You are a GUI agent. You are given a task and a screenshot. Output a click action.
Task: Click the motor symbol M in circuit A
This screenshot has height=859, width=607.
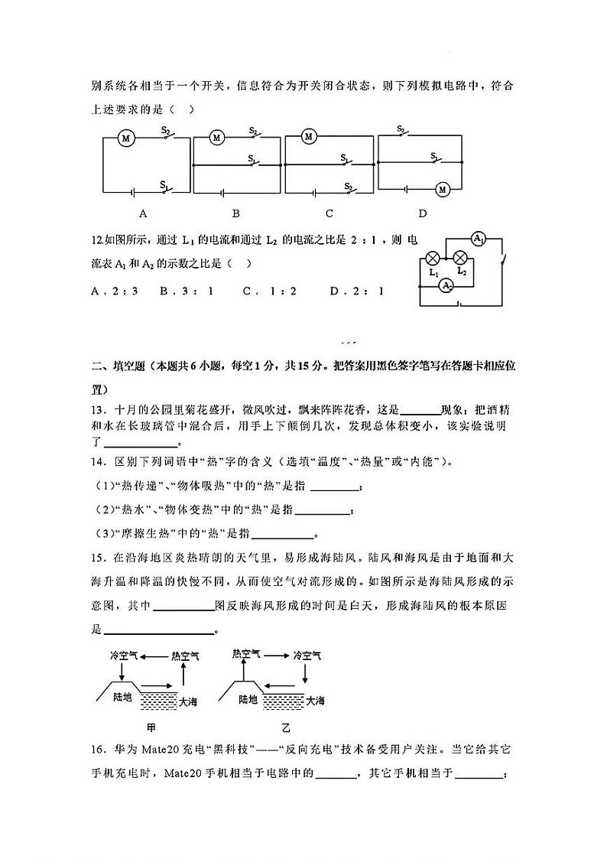[127, 138]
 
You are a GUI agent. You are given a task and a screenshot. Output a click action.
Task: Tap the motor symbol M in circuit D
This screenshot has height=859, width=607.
[441, 189]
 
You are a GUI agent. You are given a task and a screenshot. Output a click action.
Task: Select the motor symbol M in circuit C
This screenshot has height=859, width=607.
[309, 137]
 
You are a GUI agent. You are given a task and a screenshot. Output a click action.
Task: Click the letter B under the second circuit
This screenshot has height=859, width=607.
[236, 213]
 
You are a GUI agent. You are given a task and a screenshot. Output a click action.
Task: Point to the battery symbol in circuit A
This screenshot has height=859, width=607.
[135, 192]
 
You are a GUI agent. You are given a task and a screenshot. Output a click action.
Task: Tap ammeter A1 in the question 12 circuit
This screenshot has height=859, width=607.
[479, 239]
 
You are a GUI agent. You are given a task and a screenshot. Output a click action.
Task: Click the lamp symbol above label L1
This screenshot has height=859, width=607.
[433, 257]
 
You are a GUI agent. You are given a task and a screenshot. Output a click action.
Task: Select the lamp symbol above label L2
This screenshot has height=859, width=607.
[460, 257]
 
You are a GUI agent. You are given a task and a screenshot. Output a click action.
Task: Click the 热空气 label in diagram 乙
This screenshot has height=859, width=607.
[246, 654]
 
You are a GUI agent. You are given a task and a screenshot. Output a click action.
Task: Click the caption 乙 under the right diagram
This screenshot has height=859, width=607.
[287, 727]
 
